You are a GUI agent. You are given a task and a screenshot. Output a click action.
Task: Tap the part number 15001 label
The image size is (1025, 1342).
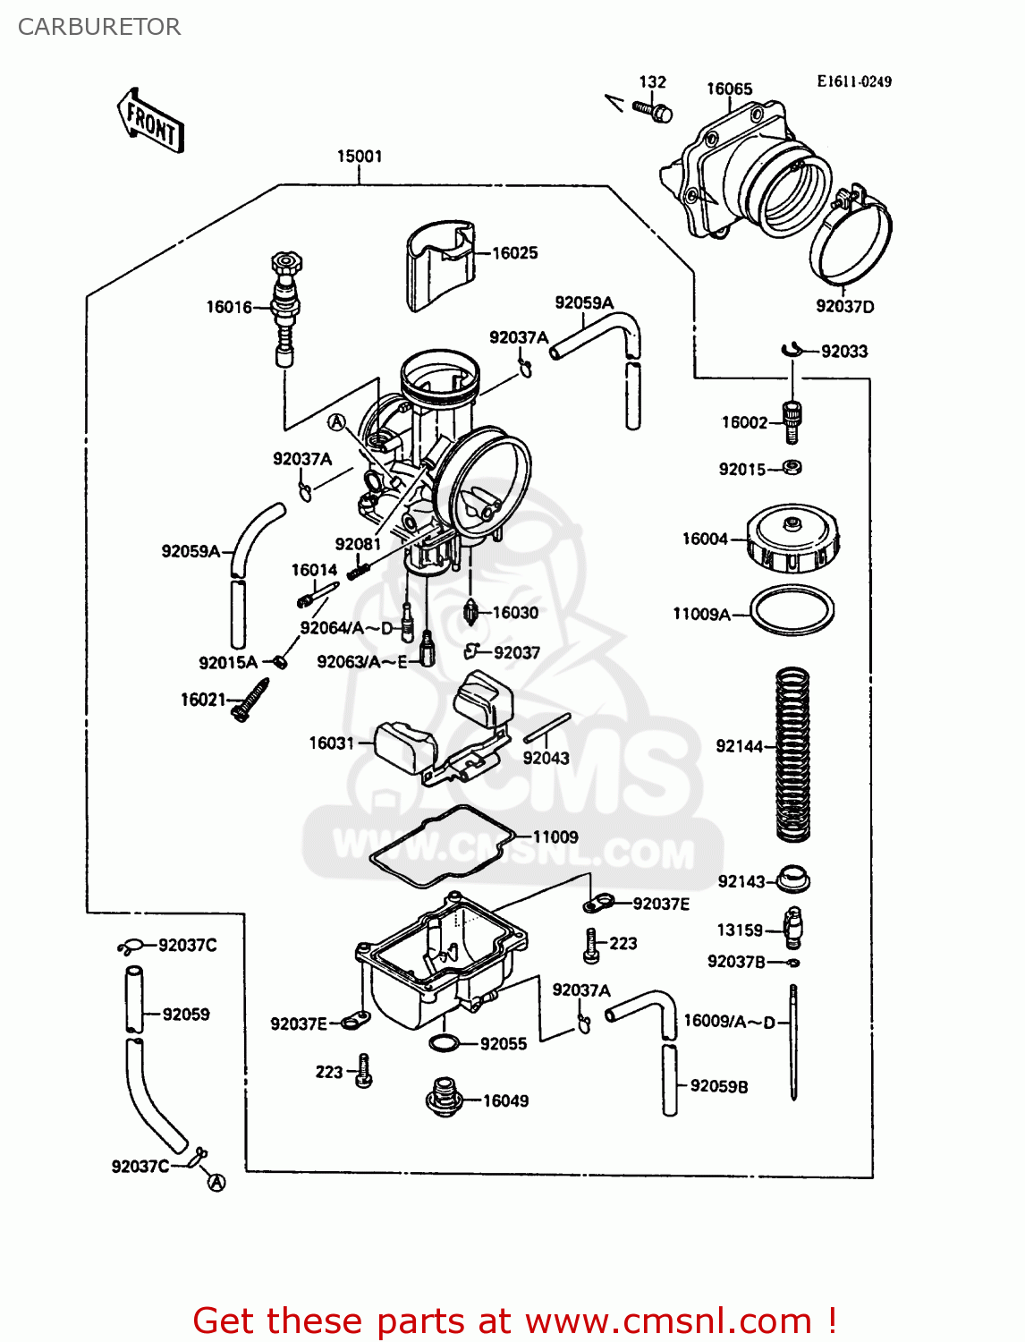[x=359, y=157]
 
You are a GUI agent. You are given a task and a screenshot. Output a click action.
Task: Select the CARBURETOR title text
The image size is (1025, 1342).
[x=99, y=27]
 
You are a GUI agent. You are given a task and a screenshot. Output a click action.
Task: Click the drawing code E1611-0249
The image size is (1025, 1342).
[x=853, y=81]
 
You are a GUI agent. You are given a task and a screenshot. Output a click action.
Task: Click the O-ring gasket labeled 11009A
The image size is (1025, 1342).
[x=792, y=611]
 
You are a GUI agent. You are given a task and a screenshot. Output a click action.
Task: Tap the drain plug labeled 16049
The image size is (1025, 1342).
[x=443, y=1097]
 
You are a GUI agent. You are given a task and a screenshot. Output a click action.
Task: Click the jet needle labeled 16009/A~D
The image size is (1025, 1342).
[x=793, y=1042]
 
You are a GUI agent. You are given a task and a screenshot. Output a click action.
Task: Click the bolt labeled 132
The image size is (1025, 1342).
[x=653, y=111]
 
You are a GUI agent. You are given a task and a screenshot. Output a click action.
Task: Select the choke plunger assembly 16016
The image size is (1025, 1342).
[x=285, y=308]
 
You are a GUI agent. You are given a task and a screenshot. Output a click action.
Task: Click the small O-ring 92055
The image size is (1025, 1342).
[x=445, y=1043]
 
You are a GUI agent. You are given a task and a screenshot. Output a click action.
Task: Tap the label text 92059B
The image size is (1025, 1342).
[x=719, y=1086]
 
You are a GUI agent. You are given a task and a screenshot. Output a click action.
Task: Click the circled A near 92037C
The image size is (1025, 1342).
[x=216, y=1183]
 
